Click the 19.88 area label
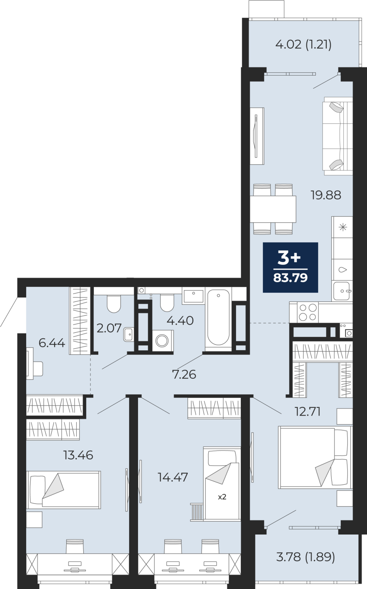(326, 195)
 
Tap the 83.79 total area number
(290, 278)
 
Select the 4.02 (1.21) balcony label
(304, 45)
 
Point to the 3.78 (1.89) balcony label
(306, 557)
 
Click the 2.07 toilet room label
(109, 328)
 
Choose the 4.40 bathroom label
(180, 321)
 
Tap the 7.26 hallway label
(184, 374)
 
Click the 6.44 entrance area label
(52, 343)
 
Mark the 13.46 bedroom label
(78, 455)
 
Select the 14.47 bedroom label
(173, 477)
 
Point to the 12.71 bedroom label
(307, 412)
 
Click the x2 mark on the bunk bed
(222, 497)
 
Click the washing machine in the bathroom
(162, 341)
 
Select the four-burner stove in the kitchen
(308, 312)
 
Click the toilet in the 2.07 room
(114, 303)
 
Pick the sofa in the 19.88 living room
(338, 136)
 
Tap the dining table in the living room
(273, 209)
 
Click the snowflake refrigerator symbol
(343, 227)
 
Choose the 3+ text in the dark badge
(289, 258)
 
